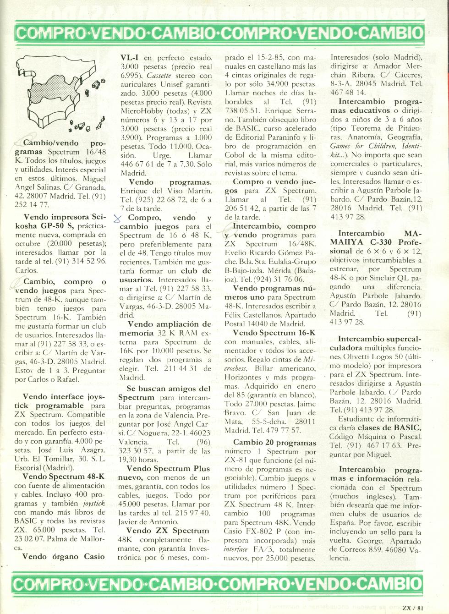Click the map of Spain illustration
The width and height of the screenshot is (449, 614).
coord(60,94)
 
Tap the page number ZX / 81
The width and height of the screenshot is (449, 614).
coord(412,609)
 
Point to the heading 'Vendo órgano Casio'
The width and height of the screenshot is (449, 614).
coord(63,557)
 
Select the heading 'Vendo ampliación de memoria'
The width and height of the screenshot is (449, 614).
coord(165,329)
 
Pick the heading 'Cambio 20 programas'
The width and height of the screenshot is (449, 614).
coord(274,443)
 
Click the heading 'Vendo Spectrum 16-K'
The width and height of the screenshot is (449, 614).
coord(274,333)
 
